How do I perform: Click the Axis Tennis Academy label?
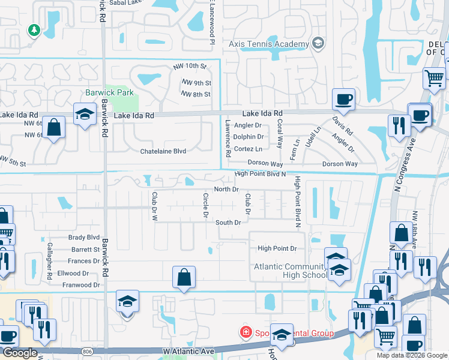tap(268, 43)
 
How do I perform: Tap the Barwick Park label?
tap(109, 92)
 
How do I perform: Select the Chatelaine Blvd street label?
tap(163, 151)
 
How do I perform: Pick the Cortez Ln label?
tap(249, 149)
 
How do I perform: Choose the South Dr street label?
tap(228, 223)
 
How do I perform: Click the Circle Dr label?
tap(205, 205)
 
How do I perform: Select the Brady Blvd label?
tap(84, 238)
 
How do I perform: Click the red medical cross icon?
tap(245, 332)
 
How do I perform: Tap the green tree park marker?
tap(34, 30)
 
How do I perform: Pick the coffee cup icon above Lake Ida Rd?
tap(343, 99)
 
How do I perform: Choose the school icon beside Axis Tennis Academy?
tap(318, 43)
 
